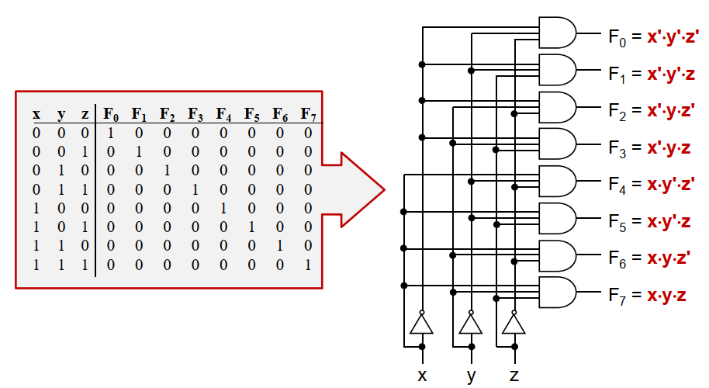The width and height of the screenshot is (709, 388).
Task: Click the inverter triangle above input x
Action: click(422, 324)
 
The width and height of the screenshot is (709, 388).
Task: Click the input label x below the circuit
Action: click(422, 376)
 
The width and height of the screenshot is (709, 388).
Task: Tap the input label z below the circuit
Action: click(514, 376)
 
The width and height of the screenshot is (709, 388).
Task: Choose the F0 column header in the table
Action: click(111, 115)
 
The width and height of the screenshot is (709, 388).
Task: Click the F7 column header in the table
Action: click(308, 115)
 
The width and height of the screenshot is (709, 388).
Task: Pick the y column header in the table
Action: click(61, 115)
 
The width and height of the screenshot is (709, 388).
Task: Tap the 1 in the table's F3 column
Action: click(195, 189)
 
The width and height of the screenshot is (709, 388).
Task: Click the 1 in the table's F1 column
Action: click(139, 151)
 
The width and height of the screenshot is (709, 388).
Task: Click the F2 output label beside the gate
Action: click(616, 110)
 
